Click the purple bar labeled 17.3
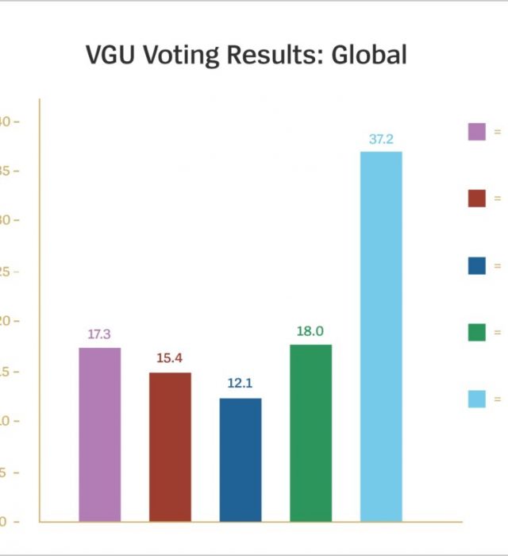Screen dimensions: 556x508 pyautogui.click(x=100, y=434)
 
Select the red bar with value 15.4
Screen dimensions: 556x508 pyautogui.click(x=170, y=447)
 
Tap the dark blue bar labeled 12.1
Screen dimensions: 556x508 pyautogui.click(x=241, y=460)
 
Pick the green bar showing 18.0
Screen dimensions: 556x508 pyautogui.click(x=310, y=433)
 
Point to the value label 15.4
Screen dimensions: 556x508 pyautogui.click(x=170, y=358)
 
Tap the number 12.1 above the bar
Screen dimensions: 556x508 pyautogui.click(x=240, y=384)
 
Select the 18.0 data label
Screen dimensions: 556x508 pyautogui.click(x=310, y=331)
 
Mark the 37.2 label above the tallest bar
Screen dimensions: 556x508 pyautogui.click(x=381, y=139)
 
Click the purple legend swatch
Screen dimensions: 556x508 pyautogui.click(x=476, y=132)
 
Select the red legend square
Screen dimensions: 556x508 pyautogui.click(x=476, y=199)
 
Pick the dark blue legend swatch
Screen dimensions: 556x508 pyautogui.click(x=476, y=265)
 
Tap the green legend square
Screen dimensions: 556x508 pyautogui.click(x=476, y=332)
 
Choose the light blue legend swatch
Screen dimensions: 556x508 pyautogui.click(x=476, y=399)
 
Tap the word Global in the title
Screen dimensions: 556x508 pyautogui.click(x=369, y=55)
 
